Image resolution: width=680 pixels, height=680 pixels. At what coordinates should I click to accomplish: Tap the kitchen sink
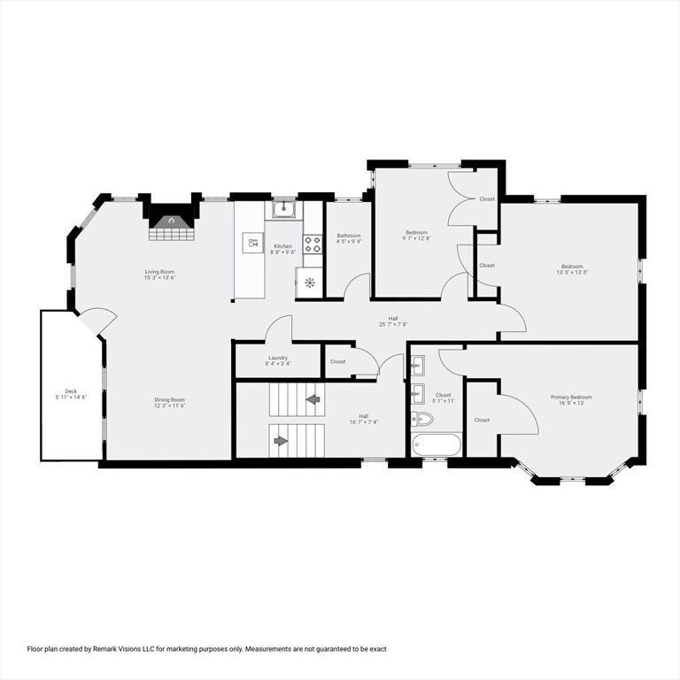[x=283, y=209]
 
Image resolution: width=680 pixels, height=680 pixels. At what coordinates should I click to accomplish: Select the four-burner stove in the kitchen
[x=313, y=244]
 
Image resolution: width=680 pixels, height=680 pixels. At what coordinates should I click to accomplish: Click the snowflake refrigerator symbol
[x=310, y=283]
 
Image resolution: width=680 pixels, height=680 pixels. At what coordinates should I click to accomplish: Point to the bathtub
[x=437, y=444]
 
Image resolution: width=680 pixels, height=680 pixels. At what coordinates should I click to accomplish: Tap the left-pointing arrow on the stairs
[x=313, y=399]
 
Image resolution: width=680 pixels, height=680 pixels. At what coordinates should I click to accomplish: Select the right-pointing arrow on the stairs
[x=281, y=440]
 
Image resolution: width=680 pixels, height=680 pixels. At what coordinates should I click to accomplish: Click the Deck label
[x=71, y=394]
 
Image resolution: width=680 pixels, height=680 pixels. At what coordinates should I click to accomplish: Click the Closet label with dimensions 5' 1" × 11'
[x=443, y=398]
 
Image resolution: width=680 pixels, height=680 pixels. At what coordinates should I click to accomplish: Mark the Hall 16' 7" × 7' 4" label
[x=363, y=419]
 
